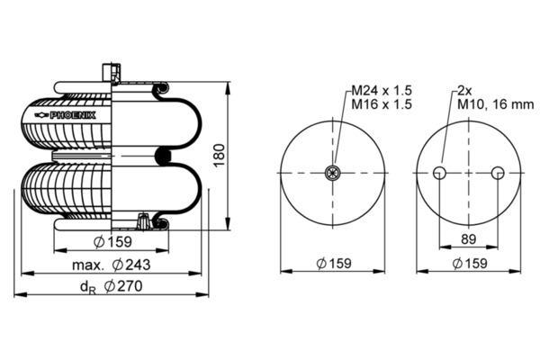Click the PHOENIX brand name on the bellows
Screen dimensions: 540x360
point(73,115)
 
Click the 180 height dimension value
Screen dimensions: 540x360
point(219,156)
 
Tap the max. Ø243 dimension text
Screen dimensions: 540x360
point(112,265)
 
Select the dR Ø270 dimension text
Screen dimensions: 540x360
point(111,286)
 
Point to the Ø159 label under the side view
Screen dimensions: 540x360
point(112,242)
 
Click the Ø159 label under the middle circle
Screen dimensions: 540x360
point(334,264)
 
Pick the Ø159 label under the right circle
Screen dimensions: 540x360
point(470,264)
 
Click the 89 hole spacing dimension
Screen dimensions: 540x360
point(468,238)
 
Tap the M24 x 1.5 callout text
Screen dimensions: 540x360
point(382,91)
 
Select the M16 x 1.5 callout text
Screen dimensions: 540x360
point(382,104)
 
